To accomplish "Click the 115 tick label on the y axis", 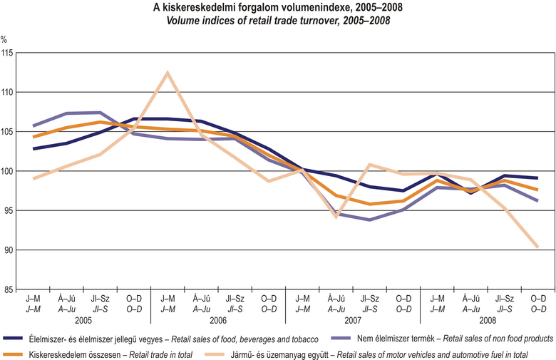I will (x=7, y=53).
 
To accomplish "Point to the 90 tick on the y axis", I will (x=9, y=250).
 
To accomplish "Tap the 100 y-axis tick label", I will (x=7, y=172).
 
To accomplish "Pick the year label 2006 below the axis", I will (x=218, y=320).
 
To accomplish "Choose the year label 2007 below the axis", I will (x=353, y=320).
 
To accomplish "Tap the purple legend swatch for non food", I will (x=343, y=339).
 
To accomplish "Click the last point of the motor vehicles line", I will (x=537, y=247).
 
